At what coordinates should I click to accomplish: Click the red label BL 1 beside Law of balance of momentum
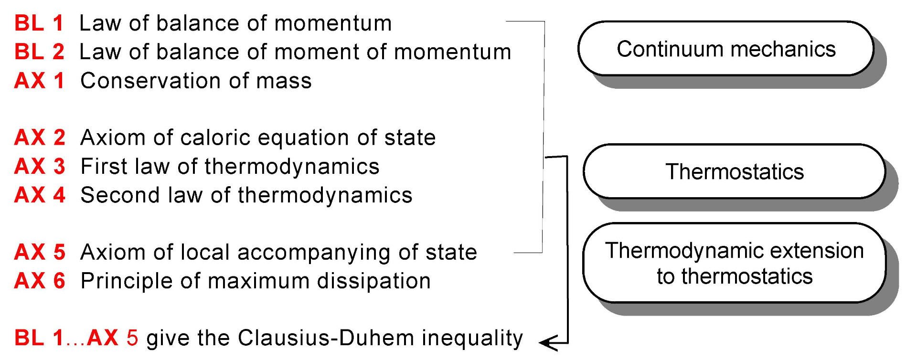coord(39,23)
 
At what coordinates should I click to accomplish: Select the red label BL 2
coord(39,52)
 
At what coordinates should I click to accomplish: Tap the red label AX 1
coord(39,80)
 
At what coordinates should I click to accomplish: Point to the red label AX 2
coord(40,138)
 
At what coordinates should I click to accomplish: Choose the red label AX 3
coord(40,166)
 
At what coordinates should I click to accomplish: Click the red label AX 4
coord(40,195)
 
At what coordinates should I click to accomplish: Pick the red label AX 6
coord(40,281)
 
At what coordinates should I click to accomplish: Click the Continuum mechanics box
coord(725,49)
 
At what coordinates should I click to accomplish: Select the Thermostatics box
coord(734,171)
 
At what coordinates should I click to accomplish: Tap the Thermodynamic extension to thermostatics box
coord(734,263)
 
